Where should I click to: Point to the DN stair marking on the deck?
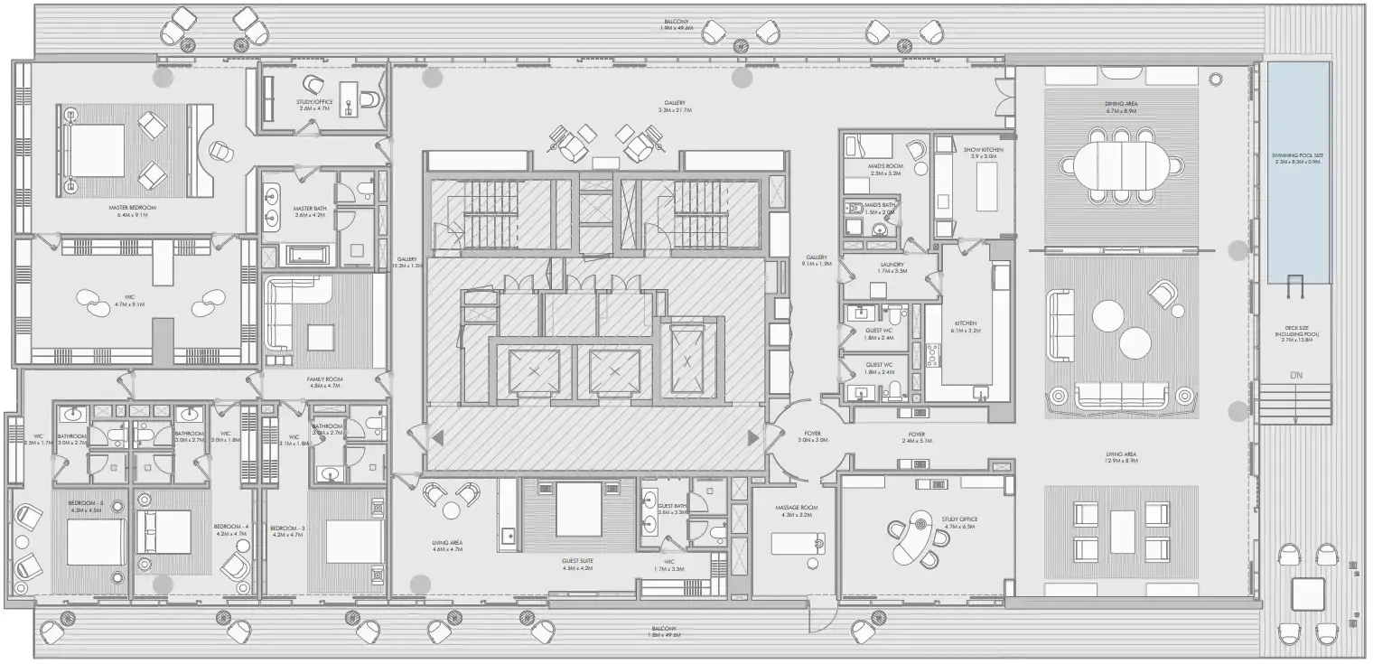tap(1296, 375)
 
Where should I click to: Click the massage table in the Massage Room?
tap(798, 543)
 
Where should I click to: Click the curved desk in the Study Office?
tap(911, 540)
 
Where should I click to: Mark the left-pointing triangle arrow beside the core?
tap(438, 439)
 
